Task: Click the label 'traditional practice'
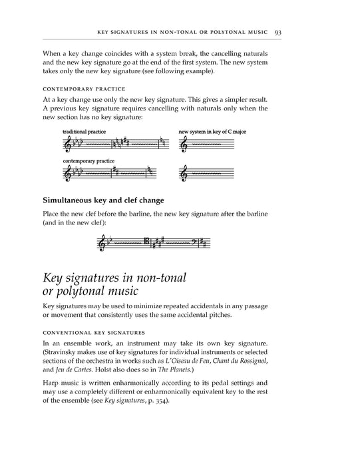(x=81, y=132)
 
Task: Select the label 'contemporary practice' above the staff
(x=88, y=161)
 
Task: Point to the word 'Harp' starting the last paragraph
(x=51, y=383)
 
